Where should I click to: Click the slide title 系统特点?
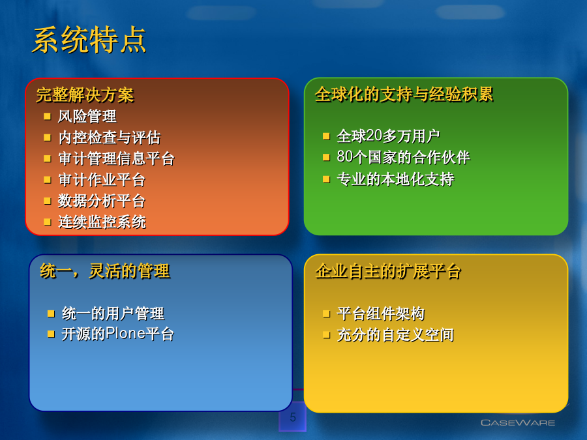point(89,40)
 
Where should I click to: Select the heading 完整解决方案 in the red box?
point(85,95)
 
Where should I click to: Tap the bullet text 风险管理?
point(87,117)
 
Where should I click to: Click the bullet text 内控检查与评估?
point(110,138)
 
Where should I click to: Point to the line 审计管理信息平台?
point(117,158)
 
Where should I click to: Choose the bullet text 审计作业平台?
point(102,180)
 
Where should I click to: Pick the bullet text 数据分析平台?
point(102,201)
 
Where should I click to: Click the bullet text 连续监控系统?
point(102,222)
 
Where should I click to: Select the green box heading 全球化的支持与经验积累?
point(404,94)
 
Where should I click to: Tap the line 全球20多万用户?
point(388,136)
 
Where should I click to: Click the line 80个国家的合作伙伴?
point(403,157)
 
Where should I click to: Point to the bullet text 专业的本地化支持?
point(395,179)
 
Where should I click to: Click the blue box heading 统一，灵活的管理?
point(105,271)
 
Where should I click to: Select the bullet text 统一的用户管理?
point(113,314)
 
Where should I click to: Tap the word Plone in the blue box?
point(125,333)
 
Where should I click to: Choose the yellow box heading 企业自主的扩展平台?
point(388,271)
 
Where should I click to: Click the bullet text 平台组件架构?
point(381,314)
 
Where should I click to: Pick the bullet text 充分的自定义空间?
point(395,335)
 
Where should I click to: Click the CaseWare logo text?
point(518,423)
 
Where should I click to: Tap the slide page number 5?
point(293,417)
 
